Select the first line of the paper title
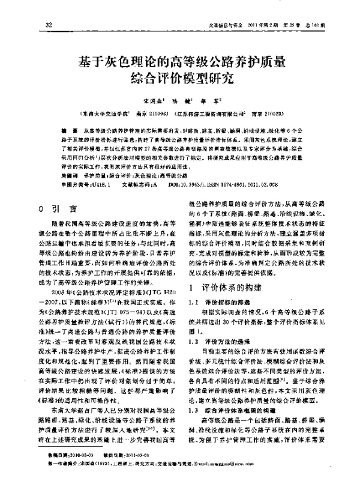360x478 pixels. pos(179,61)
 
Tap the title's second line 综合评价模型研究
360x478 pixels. pos(179,79)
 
